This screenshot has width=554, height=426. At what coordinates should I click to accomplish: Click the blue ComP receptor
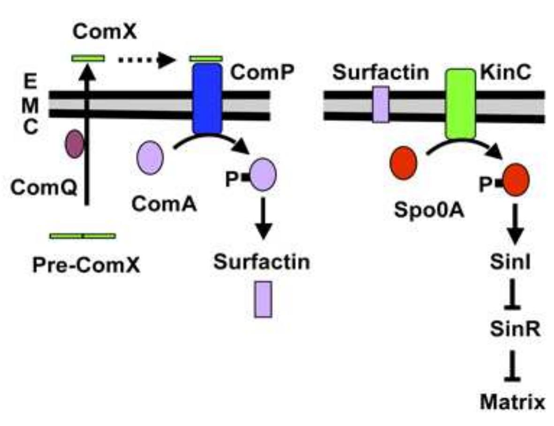[207, 99]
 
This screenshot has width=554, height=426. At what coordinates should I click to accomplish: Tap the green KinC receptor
[460, 104]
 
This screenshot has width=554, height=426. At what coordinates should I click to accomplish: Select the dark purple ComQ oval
[74, 144]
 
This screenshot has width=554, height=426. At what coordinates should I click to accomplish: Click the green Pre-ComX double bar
[83, 236]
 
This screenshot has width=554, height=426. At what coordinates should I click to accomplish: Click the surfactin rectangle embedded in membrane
[380, 104]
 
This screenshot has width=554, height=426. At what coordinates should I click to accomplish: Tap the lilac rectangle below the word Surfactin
[263, 299]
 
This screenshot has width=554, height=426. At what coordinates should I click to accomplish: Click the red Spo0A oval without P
[403, 163]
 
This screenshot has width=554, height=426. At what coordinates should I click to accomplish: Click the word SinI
[515, 263]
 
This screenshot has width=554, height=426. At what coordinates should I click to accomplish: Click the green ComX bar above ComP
[205, 59]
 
